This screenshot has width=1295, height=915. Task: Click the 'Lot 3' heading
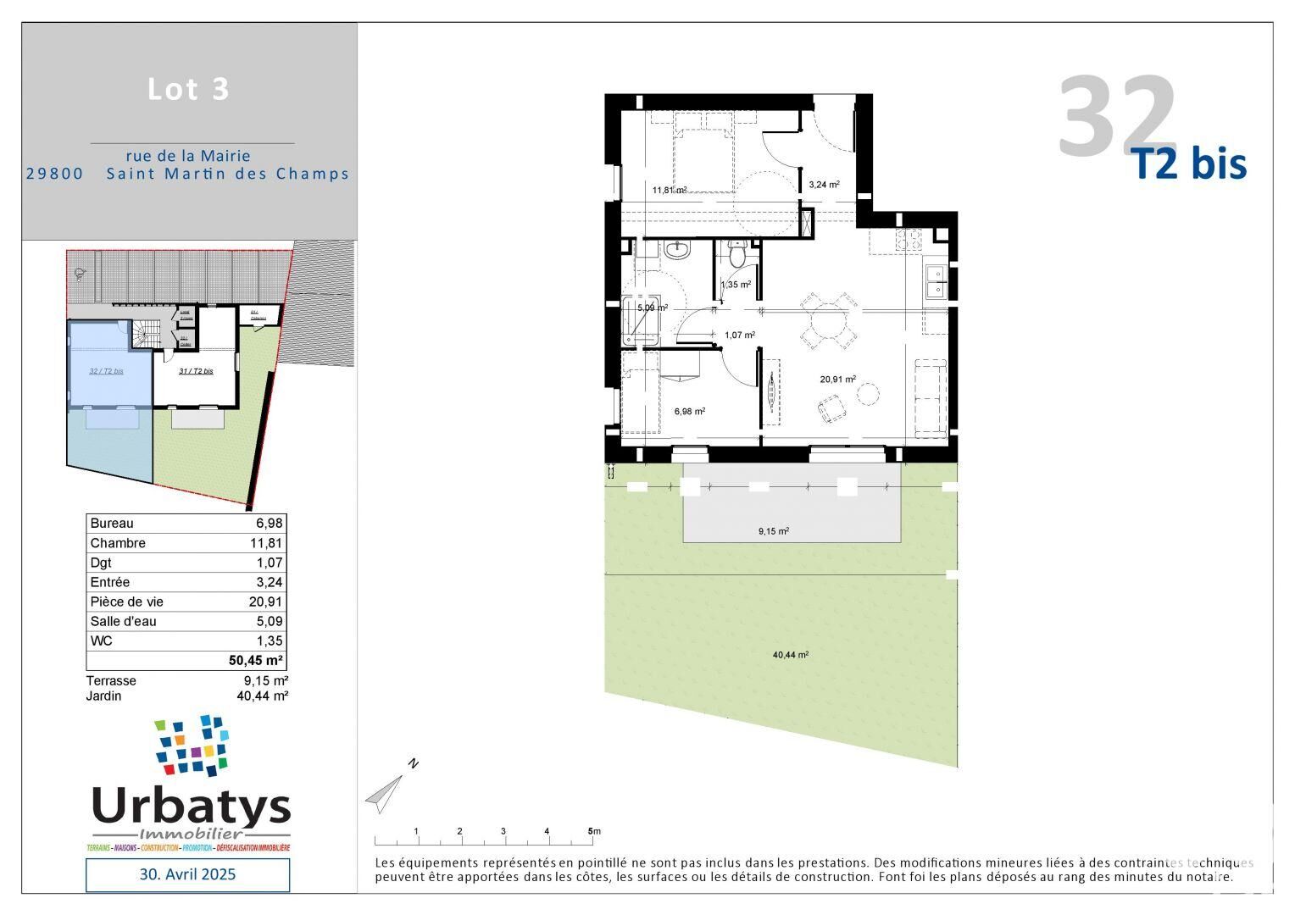pyautogui.click(x=188, y=89)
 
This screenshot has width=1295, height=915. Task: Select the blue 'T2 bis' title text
pyautogui.click(x=1191, y=164)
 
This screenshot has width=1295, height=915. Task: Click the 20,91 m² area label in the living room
pyautogui.click(x=837, y=380)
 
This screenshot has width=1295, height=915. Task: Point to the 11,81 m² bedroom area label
pyautogui.click(x=669, y=190)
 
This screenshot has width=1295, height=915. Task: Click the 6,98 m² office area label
pyautogui.click(x=690, y=411)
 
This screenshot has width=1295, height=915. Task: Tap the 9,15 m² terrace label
pyautogui.click(x=773, y=531)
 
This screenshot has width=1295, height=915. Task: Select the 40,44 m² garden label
pyautogui.click(x=790, y=655)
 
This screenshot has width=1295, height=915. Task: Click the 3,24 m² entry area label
pyautogui.click(x=824, y=184)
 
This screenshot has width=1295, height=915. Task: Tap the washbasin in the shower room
pyautogui.click(x=677, y=250)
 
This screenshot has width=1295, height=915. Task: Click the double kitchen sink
pyautogui.click(x=936, y=281)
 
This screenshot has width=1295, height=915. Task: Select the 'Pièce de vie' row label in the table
pyautogui.click(x=127, y=602)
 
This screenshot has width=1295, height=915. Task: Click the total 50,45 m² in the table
pyautogui.click(x=256, y=661)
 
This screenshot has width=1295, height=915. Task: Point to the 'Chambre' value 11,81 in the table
pyautogui.click(x=269, y=543)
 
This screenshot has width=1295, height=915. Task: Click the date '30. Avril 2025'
pyautogui.click(x=187, y=873)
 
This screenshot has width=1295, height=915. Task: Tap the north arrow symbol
pyautogui.click(x=386, y=791)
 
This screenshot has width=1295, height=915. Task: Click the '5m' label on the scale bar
pyautogui.click(x=594, y=831)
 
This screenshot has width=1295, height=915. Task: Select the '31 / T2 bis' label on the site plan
pyautogui.click(x=196, y=371)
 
